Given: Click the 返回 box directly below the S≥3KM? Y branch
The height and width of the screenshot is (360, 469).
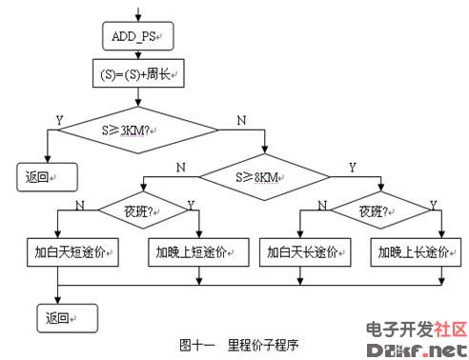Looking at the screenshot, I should pos(45,177).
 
